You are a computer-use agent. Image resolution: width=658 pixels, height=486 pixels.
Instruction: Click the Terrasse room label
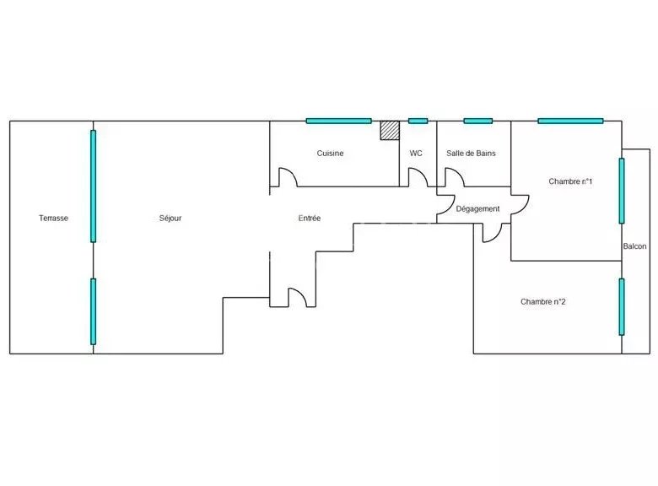pyautogui.click(x=53, y=219)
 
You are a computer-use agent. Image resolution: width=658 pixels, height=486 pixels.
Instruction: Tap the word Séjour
pyautogui.click(x=170, y=219)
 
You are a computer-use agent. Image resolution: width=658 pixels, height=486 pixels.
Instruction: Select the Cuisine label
pyautogui.click(x=330, y=154)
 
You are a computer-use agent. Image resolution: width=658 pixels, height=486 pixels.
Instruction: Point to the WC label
pyautogui.click(x=416, y=154)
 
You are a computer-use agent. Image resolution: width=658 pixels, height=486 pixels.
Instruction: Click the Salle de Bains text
pyautogui.click(x=471, y=154)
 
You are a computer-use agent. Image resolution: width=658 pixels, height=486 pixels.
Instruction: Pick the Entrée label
pyautogui.click(x=310, y=219)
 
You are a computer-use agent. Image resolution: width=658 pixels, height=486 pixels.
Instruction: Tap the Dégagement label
pyautogui.click(x=478, y=208)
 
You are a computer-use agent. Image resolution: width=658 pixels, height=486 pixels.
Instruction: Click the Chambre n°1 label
pyautogui.click(x=570, y=181)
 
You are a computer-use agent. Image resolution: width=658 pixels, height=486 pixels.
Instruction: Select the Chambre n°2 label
pyautogui.click(x=543, y=302)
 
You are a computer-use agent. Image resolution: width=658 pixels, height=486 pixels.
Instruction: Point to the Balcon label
pyautogui.click(x=634, y=246)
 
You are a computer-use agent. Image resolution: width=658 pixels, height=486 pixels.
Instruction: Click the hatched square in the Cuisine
pyautogui.click(x=390, y=130)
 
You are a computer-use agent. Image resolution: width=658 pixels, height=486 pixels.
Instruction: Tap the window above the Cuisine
pyautogui.click(x=338, y=121)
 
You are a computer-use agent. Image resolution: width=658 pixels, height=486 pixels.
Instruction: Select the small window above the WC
pyautogui.click(x=418, y=121)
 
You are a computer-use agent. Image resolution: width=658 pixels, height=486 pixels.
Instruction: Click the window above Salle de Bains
pyautogui.click(x=478, y=121)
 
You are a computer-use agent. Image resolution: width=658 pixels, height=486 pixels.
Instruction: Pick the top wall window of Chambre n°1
pyautogui.click(x=570, y=121)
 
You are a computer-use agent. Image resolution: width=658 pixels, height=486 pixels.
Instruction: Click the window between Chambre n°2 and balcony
pyautogui.click(x=622, y=307)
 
